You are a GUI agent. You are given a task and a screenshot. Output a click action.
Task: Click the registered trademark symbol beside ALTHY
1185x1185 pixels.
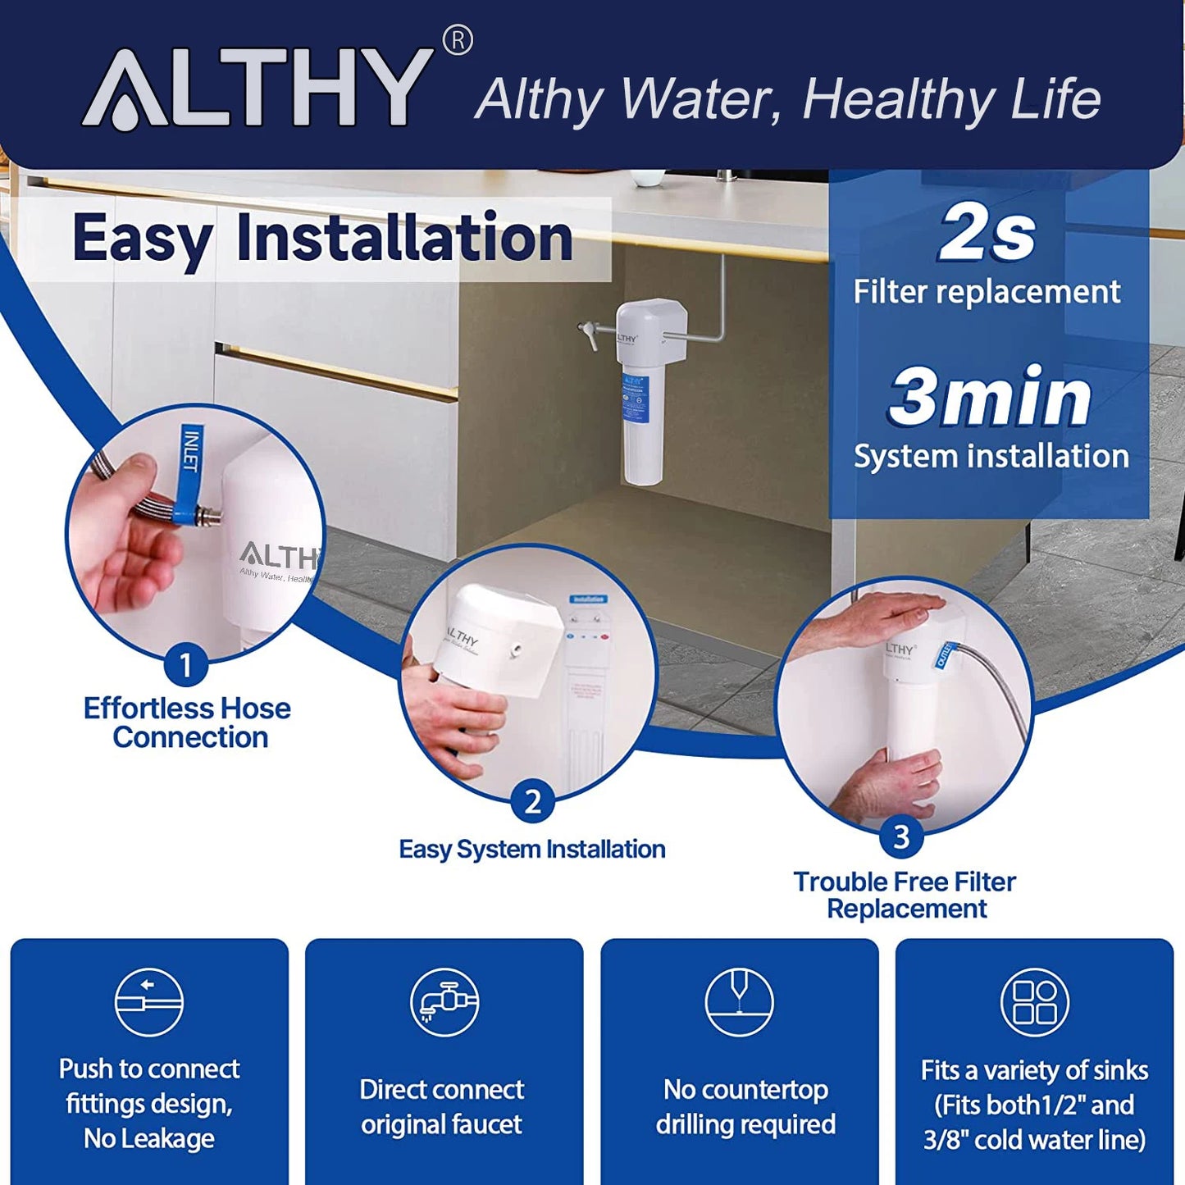click(x=458, y=40)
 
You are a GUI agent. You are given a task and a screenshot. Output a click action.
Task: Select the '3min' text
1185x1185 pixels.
click(x=990, y=397)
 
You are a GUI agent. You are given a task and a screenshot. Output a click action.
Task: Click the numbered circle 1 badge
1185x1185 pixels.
click(x=185, y=664)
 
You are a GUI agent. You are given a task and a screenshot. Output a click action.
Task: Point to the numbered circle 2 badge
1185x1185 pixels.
click(x=532, y=800)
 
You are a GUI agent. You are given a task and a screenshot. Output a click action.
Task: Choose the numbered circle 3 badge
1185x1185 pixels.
click(x=901, y=836)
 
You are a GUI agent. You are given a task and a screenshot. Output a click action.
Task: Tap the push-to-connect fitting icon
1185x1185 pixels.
click(x=148, y=1002)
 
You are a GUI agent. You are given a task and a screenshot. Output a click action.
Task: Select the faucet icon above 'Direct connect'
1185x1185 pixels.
click(x=444, y=1002)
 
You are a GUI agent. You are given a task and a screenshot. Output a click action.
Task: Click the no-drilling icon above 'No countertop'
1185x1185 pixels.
click(x=739, y=1002)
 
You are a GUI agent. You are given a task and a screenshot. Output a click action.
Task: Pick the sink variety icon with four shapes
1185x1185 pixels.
click(x=1034, y=1002)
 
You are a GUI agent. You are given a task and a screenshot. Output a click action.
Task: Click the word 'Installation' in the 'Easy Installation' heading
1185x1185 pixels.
click(x=404, y=238)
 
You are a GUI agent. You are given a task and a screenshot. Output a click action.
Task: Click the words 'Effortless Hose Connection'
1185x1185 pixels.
click(x=188, y=722)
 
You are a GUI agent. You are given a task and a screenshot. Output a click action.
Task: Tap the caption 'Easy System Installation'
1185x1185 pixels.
click(x=532, y=849)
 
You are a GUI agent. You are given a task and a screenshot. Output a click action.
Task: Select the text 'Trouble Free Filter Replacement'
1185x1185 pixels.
click(x=905, y=895)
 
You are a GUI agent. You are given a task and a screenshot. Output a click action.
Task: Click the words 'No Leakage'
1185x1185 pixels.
click(x=148, y=1138)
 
